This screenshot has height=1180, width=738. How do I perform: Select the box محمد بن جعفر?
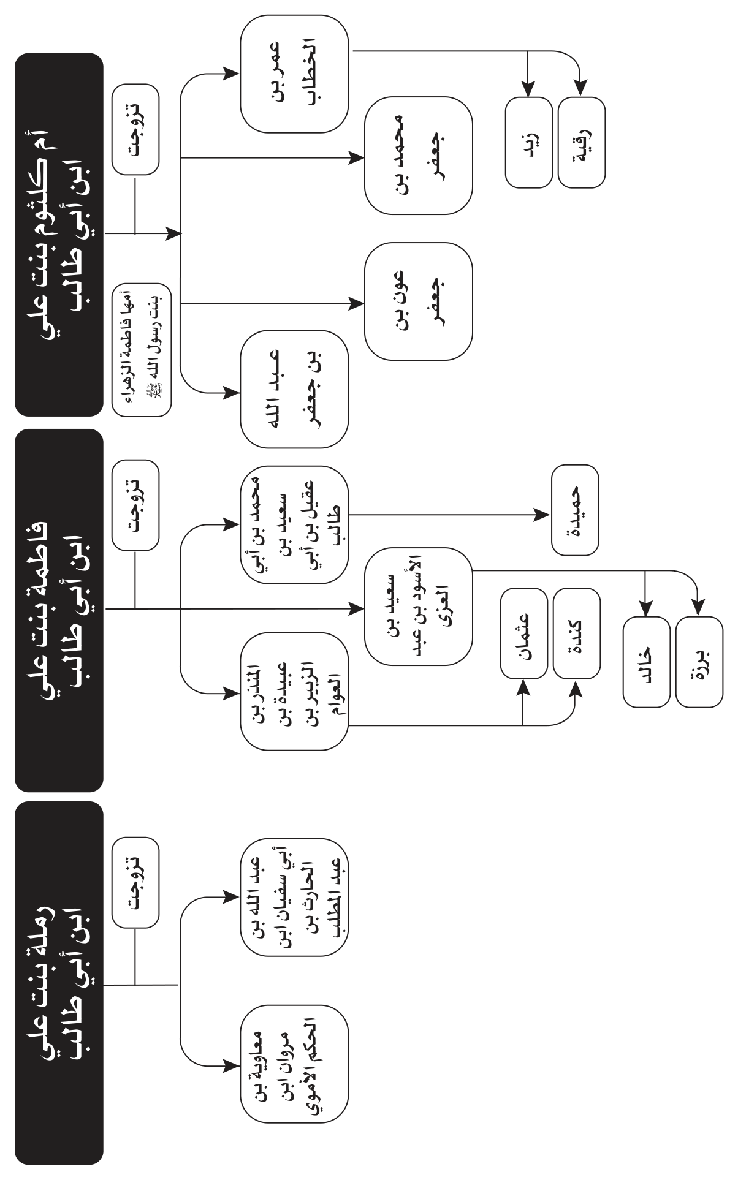pos(419,156)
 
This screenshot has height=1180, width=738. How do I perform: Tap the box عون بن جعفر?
pos(419,301)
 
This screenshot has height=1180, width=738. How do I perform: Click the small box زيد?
pos(528,142)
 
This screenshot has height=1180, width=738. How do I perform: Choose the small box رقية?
pos(582,142)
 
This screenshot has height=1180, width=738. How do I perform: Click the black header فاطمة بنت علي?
pos(59,610)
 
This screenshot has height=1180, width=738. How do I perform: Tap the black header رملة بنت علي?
pos(59,983)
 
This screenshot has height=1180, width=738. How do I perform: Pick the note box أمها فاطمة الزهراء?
pos(142,350)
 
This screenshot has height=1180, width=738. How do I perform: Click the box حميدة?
pos(575,511)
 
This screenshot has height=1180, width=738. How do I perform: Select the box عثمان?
pos(524,633)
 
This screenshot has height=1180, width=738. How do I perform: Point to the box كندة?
pos(576,633)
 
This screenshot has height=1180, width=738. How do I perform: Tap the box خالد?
pos(646,662)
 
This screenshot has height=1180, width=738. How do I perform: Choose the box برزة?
pos(699,662)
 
